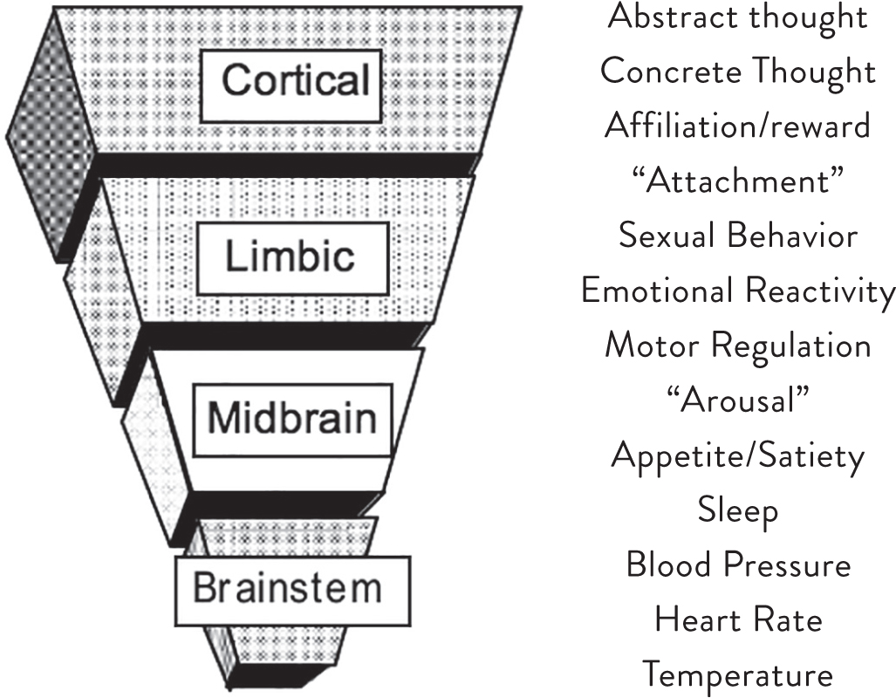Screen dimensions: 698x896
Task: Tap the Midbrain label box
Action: (x=291, y=420)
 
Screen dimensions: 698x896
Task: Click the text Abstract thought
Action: (x=737, y=16)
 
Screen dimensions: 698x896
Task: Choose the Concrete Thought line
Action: (x=737, y=71)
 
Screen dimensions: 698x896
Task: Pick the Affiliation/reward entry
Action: (x=737, y=126)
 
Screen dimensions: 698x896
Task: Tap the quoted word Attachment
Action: (x=737, y=181)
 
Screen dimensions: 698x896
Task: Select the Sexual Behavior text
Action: (x=737, y=236)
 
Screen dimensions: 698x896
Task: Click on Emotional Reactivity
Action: (x=737, y=291)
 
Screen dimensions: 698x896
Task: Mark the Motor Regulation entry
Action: (x=737, y=346)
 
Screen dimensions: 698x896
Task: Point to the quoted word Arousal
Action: (x=737, y=400)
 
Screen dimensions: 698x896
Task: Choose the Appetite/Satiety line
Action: (x=737, y=455)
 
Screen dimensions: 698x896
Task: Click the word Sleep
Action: (x=737, y=510)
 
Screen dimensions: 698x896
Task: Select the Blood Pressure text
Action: (x=737, y=565)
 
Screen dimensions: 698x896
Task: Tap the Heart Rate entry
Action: (x=737, y=620)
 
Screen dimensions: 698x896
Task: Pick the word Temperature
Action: (x=737, y=675)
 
